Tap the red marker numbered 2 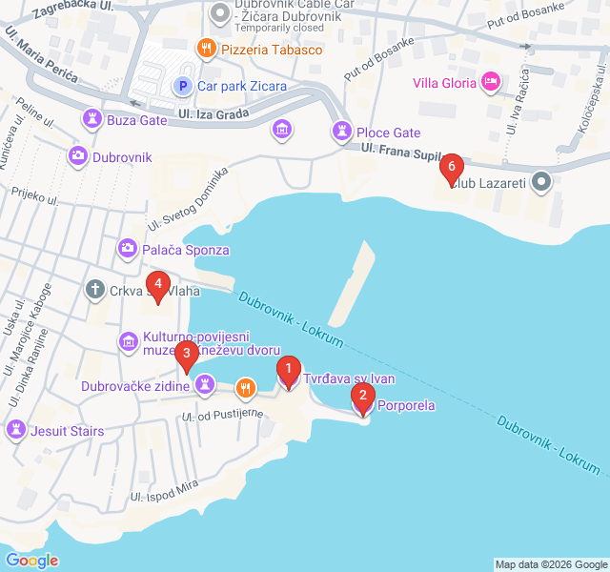pos(361,396)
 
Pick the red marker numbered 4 pos(157,285)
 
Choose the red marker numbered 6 pos(451,168)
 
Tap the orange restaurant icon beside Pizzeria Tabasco pos(205,49)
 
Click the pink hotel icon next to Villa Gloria pos(491,82)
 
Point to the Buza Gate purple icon pos(91,119)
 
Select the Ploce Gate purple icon pos(340,132)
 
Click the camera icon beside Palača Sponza pos(127,250)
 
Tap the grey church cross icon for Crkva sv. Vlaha pos(95,289)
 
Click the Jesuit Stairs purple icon pos(14,431)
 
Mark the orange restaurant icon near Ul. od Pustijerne pos(245,387)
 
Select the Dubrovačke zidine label pos(136,386)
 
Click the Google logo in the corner pos(31,561)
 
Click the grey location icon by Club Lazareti pos(541,180)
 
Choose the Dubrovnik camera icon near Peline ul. pos(77,156)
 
